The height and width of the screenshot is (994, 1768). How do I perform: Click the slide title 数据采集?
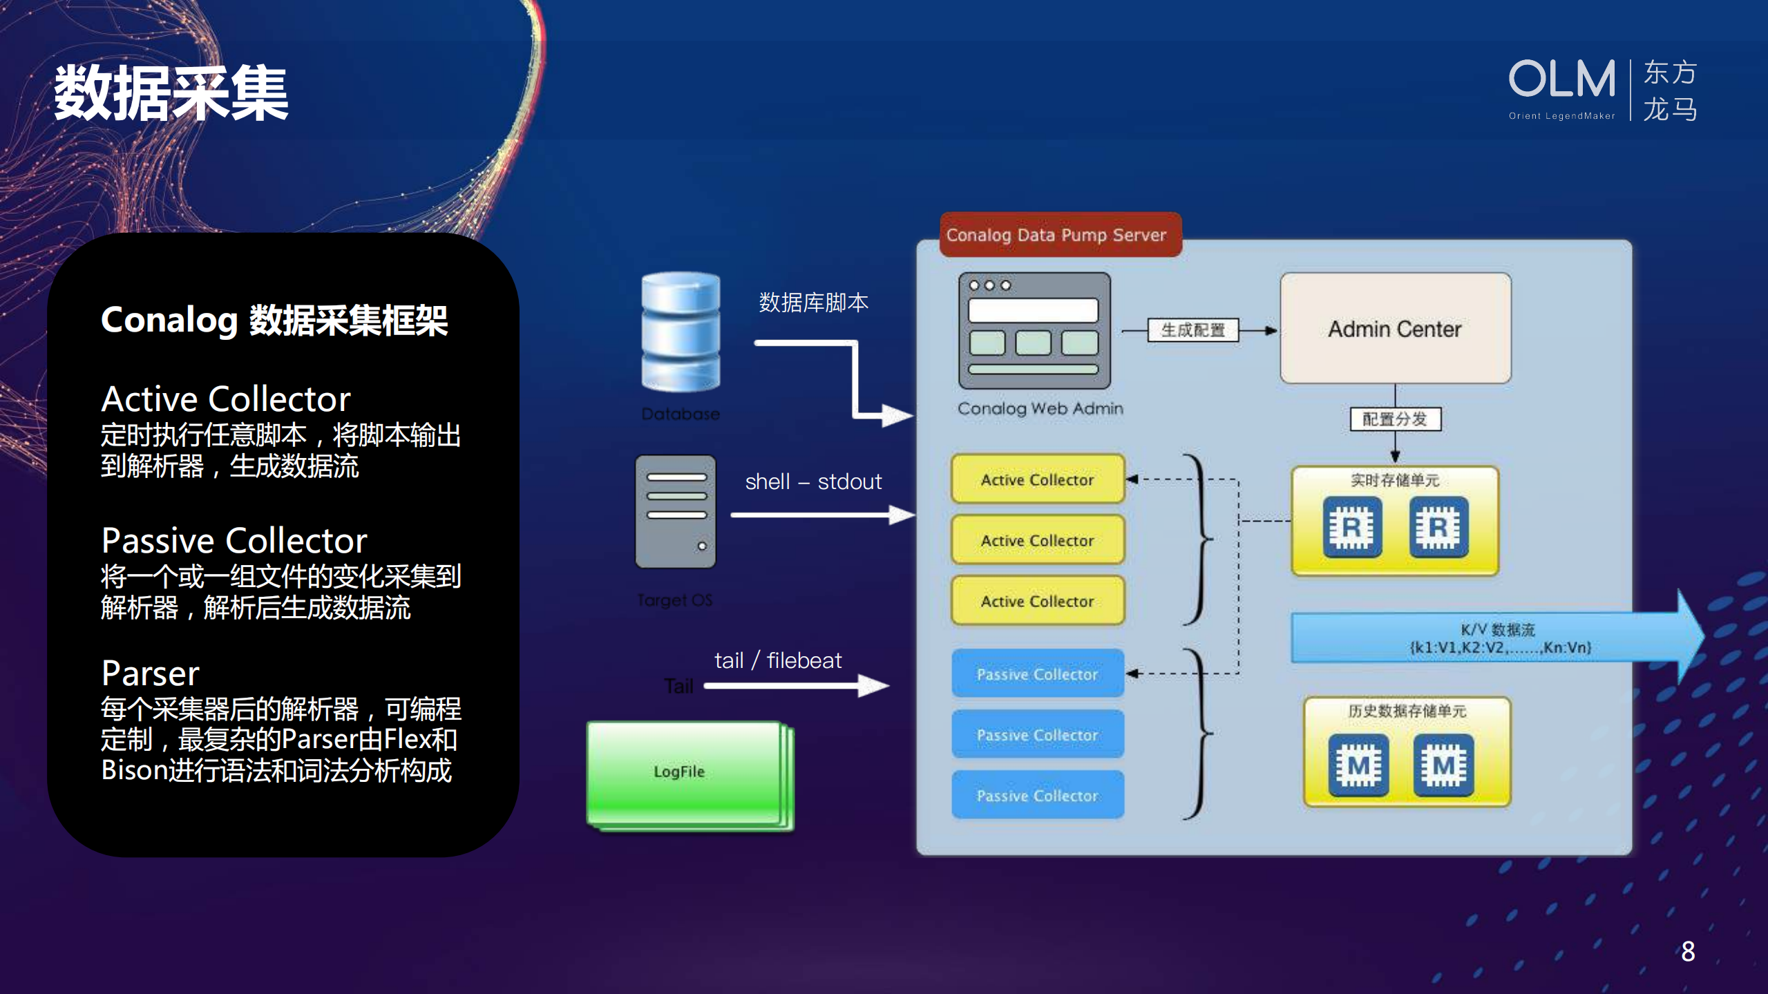tap(171, 93)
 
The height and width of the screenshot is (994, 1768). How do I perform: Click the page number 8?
tap(1688, 951)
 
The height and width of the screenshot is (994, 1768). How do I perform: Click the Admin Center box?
tap(1394, 329)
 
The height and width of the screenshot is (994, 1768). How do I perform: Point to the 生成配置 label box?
tap(1192, 330)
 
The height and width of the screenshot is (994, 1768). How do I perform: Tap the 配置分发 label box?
tap(1394, 419)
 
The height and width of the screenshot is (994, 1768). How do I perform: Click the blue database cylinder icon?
tap(681, 332)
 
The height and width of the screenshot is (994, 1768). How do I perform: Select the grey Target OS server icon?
tap(675, 511)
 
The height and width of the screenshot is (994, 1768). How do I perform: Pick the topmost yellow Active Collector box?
tap(1037, 479)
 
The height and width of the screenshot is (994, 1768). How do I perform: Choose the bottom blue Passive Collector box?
tap(1037, 796)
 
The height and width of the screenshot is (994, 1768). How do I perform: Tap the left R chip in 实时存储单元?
tap(1352, 528)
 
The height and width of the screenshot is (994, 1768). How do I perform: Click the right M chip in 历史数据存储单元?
tap(1443, 765)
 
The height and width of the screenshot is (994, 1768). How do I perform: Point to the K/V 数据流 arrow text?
tap(1498, 638)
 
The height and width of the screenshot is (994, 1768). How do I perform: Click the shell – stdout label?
tap(813, 481)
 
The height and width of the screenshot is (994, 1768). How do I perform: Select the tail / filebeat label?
tap(777, 660)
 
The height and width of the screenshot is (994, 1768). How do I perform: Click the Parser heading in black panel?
tap(150, 673)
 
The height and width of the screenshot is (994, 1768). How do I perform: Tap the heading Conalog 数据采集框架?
tap(274, 321)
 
